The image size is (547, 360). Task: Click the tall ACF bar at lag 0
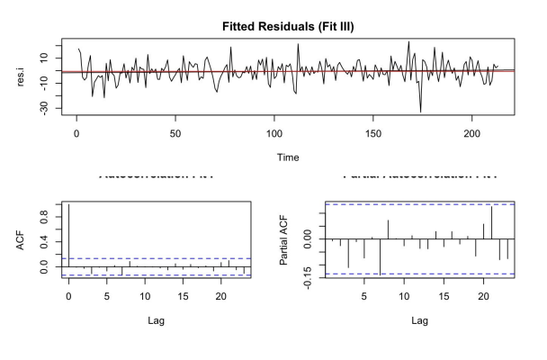[68, 236]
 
